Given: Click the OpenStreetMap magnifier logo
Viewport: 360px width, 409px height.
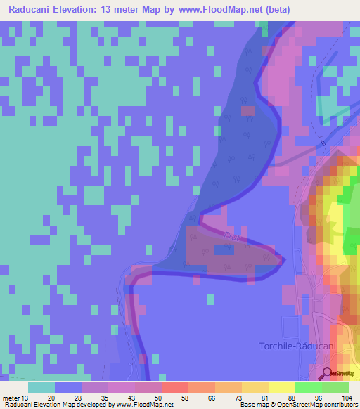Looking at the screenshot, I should tap(328, 372).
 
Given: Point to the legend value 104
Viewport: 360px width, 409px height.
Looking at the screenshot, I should tap(348, 396).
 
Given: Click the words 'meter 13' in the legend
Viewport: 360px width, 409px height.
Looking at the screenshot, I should tap(15, 396).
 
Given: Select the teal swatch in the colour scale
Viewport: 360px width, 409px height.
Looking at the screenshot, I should tap(41, 387).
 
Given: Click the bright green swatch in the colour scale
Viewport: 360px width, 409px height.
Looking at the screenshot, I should tap(308, 387).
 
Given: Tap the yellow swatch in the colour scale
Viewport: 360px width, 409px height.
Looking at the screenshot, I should tap(281, 387).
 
